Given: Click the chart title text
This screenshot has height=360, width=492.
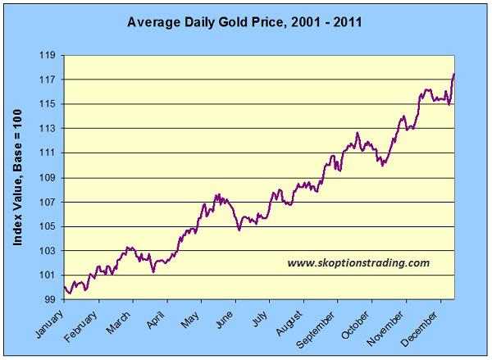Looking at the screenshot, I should tap(244, 22).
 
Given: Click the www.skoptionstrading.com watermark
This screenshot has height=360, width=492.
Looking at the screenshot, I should tap(358, 263).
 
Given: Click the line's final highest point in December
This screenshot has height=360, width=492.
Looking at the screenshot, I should tap(453, 75).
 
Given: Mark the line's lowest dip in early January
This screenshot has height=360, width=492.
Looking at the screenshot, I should tap(69, 293).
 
